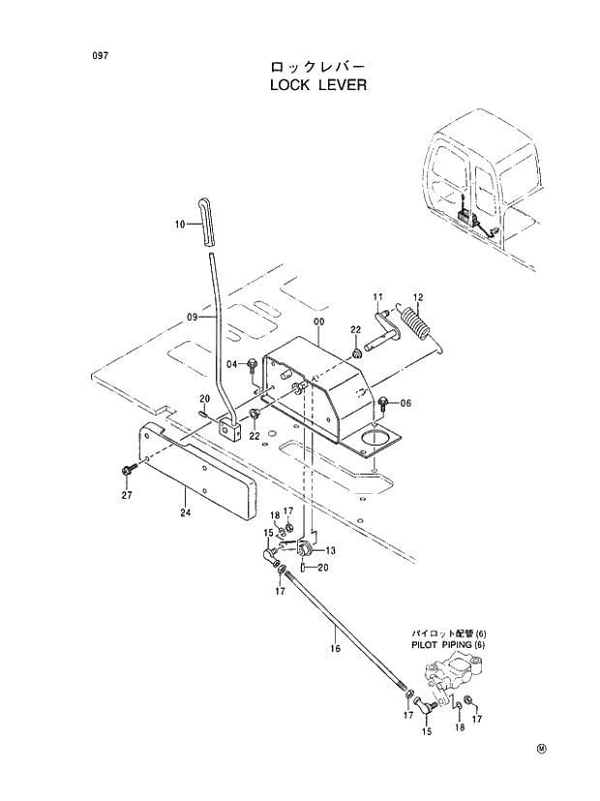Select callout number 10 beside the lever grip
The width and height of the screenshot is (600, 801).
[x=180, y=225]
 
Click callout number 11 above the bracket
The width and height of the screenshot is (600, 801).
[x=377, y=295]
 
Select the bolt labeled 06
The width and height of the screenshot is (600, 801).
[x=384, y=402]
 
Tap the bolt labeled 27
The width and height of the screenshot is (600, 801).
[x=127, y=470]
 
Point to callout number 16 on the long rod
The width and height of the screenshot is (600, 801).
[x=336, y=648]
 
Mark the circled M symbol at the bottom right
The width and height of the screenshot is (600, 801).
[x=541, y=748]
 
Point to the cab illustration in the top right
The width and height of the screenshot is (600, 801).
[x=484, y=184]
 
